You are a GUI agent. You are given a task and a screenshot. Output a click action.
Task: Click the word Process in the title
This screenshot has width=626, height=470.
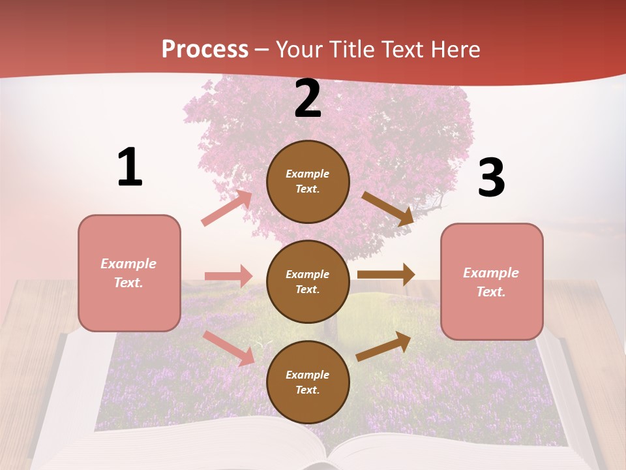coord(205,50)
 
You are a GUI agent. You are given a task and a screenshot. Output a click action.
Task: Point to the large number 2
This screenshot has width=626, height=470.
coord(308,99)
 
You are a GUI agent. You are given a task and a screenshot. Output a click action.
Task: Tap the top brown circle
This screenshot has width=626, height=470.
coord(308,181)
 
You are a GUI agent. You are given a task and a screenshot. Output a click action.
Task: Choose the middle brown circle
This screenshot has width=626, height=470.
coord(308,282)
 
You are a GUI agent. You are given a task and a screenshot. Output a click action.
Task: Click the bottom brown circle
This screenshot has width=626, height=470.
coord(308,383)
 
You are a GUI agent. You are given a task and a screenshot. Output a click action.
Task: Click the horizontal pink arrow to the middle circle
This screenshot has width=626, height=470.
coord(228,276)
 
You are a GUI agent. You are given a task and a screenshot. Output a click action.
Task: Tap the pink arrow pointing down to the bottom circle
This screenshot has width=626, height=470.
coord(229,348)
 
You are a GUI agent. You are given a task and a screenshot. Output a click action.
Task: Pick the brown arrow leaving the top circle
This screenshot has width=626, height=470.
coord(388,209)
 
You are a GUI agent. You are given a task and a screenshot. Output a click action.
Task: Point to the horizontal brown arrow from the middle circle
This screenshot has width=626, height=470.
coord(386,275)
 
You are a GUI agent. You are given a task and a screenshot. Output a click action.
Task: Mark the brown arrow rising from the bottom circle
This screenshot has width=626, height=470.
coord(383,346)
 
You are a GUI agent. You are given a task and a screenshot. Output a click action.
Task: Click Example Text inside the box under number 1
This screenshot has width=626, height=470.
coord(128,274)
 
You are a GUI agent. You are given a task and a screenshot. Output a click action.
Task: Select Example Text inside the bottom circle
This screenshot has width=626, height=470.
coord(307,383)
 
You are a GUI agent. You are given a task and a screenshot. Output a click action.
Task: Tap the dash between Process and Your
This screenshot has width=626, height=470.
coord(262,50)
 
